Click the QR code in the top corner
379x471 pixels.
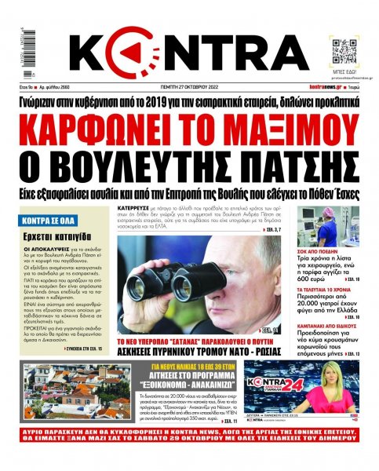click(344, 49)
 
